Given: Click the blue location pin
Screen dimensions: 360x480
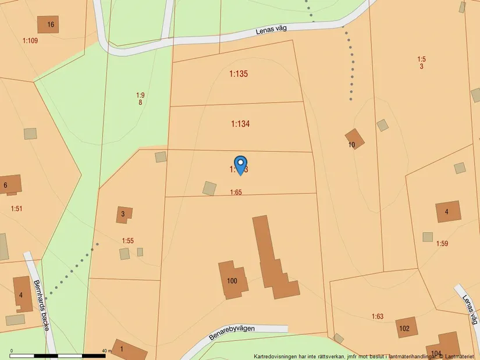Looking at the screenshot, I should (240, 165).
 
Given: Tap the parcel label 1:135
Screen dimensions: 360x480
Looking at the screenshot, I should (239, 74).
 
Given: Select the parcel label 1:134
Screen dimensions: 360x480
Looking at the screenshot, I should (240, 123).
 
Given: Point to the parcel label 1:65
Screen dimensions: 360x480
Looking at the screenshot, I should (236, 193).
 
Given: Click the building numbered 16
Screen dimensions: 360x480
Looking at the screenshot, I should (48, 24).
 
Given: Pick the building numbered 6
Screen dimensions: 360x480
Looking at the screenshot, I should (10, 184).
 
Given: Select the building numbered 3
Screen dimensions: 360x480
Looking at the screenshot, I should (124, 215).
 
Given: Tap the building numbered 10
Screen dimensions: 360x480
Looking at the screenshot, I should (354, 140).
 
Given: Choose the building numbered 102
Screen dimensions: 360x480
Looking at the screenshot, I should (406, 327).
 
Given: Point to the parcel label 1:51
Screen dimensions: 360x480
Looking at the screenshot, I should (16, 208).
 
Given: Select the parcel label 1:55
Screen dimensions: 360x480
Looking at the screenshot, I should (128, 240).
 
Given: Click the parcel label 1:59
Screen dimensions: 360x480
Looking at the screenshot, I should (442, 244).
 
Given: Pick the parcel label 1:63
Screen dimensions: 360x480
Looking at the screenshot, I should (378, 316).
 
